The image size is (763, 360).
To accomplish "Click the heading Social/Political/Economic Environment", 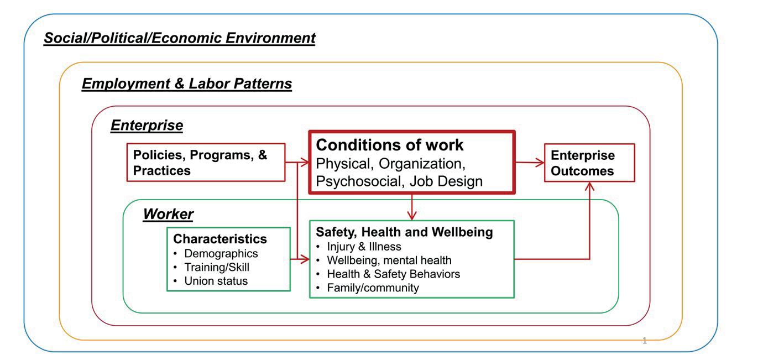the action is click(179, 38).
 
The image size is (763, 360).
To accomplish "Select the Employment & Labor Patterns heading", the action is click(186, 84).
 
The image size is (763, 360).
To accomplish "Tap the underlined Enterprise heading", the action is click(147, 126).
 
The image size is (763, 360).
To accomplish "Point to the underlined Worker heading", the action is click(168, 214).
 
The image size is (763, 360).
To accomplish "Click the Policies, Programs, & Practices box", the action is click(206, 163).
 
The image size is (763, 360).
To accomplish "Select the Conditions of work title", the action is click(389, 145).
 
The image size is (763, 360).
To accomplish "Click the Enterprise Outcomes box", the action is click(589, 163).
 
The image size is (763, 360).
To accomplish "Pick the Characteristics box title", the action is click(220, 239).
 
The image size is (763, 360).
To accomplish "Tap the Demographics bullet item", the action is click(221, 253).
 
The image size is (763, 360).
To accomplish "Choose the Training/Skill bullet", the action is click(217, 267).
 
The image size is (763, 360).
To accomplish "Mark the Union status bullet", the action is click(216, 281).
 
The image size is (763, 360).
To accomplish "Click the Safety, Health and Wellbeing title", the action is click(404, 232).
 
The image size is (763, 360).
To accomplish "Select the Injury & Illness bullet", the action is click(364, 247).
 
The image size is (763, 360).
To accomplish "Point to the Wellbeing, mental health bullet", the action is click(389, 260).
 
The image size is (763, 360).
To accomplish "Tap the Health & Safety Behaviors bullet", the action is click(393, 274).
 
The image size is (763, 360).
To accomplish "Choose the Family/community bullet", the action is click(373, 288).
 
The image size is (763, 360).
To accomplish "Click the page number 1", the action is click(644, 341).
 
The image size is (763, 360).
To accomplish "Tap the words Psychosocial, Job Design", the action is click(399, 181).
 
